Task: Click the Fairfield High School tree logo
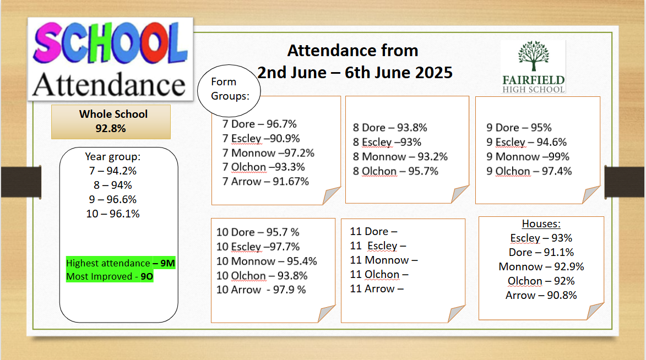[534, 67]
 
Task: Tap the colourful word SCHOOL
[110, 43]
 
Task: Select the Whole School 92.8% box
[111, 122]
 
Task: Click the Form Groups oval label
[229, 90]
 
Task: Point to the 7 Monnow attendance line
[268, 153]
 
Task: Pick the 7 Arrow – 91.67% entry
[266, 181]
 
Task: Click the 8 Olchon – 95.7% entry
[395, 171]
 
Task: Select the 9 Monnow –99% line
[528, 156]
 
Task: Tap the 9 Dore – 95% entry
[519, 128]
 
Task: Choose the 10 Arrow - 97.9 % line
[261, 290]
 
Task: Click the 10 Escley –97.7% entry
[258, 247]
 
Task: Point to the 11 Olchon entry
[379, 274]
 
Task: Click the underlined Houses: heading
[541, 223]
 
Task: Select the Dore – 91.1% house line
[541, 252]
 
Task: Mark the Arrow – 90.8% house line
[541, 296]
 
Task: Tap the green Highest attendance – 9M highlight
[121, 263]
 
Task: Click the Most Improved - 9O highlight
[110, 276]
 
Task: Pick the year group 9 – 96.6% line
[113, 199]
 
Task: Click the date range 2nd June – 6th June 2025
[355, 73]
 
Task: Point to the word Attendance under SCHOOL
[109, 84]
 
